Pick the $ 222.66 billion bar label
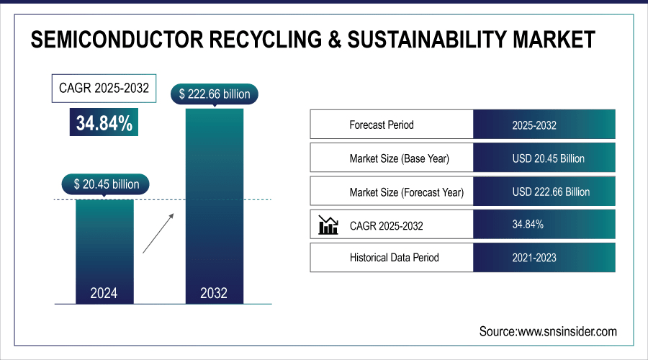214,94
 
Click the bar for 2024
105,245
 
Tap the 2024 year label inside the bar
105,293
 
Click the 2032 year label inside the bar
214,293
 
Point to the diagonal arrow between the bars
158,233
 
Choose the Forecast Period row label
382,125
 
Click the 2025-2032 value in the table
534,125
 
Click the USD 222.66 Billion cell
551,192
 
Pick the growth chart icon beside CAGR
328,225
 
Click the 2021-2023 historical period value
534,257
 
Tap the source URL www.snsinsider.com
567,331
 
